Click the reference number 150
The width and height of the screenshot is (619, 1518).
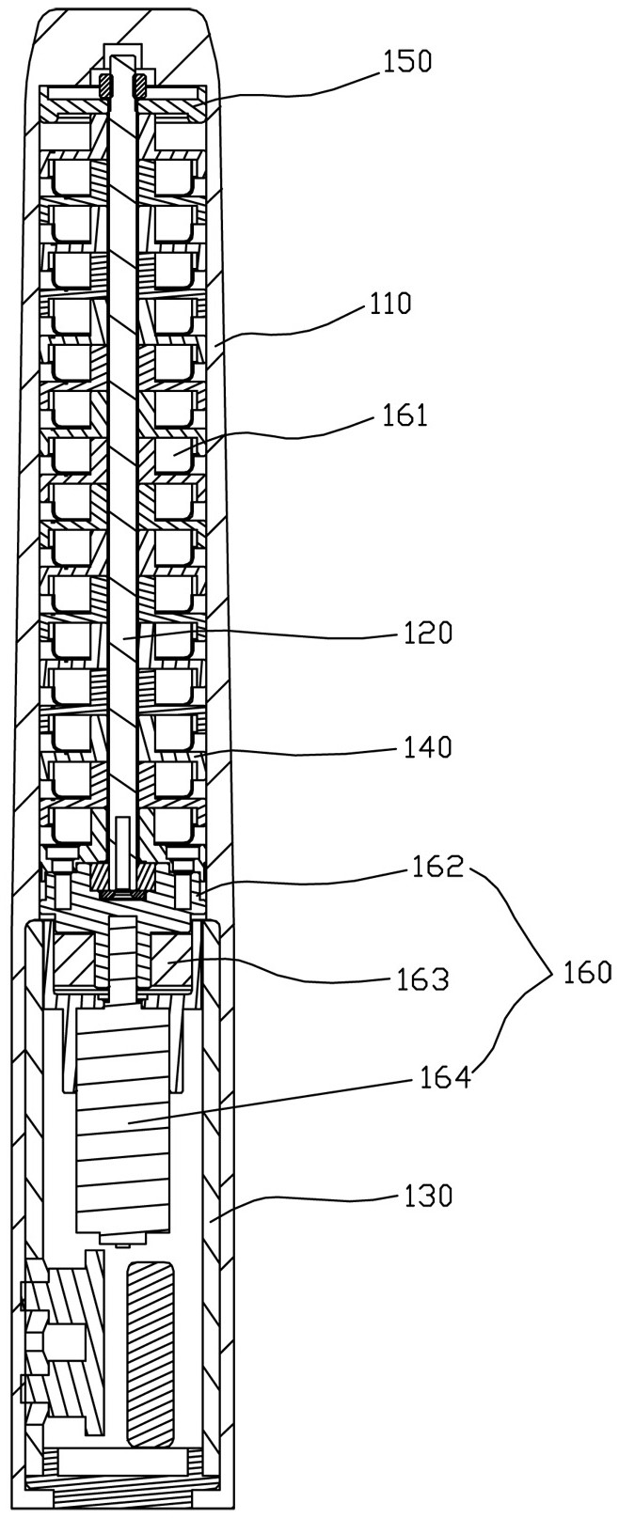[407, 62]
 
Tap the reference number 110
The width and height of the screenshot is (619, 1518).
[389, 305]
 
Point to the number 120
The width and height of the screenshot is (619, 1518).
[427, 633]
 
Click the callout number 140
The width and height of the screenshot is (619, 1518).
[427, 747]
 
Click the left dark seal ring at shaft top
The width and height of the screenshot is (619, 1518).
[106, 86]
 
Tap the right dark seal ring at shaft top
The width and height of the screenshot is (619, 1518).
[139, 86]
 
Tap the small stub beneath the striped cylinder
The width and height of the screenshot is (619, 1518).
[122, 1240]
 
